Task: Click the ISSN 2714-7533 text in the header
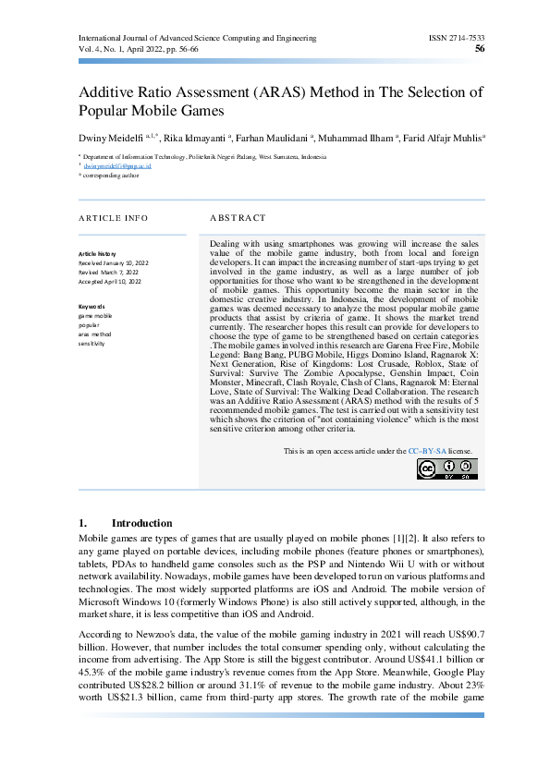[x=456, y=38]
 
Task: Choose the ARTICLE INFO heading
[x=113, y=218]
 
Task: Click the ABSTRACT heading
[x=232, y=218]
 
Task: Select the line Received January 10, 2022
[x=119, y=262]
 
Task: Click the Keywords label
[x=92, y=307]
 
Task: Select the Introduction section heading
[x=141, y=523]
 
